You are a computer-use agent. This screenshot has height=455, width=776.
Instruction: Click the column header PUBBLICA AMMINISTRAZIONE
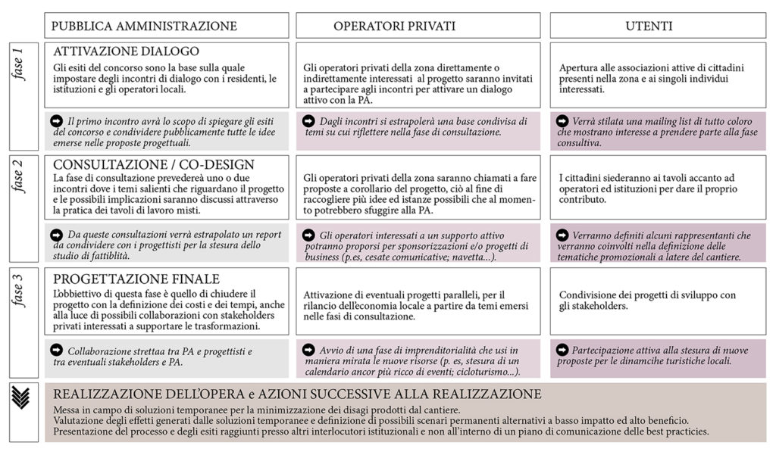(144, 26)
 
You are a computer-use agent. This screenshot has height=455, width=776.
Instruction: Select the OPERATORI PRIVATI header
(394, 26)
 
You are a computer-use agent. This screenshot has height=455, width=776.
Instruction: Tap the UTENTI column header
(649, 26)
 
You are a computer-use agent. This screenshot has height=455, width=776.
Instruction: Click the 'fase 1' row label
(21, 64)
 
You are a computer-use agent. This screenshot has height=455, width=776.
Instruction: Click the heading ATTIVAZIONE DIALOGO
(127, 51)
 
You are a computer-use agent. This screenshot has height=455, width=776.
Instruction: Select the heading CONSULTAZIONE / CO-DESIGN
(154, 164)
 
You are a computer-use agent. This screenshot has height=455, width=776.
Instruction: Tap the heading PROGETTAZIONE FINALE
(136, 278)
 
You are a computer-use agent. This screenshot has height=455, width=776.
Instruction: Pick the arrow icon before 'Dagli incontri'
(308, 121)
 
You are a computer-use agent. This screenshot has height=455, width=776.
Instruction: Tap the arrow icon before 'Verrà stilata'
(562, 121)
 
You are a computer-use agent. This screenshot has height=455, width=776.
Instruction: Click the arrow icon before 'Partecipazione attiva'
(562, 350)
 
